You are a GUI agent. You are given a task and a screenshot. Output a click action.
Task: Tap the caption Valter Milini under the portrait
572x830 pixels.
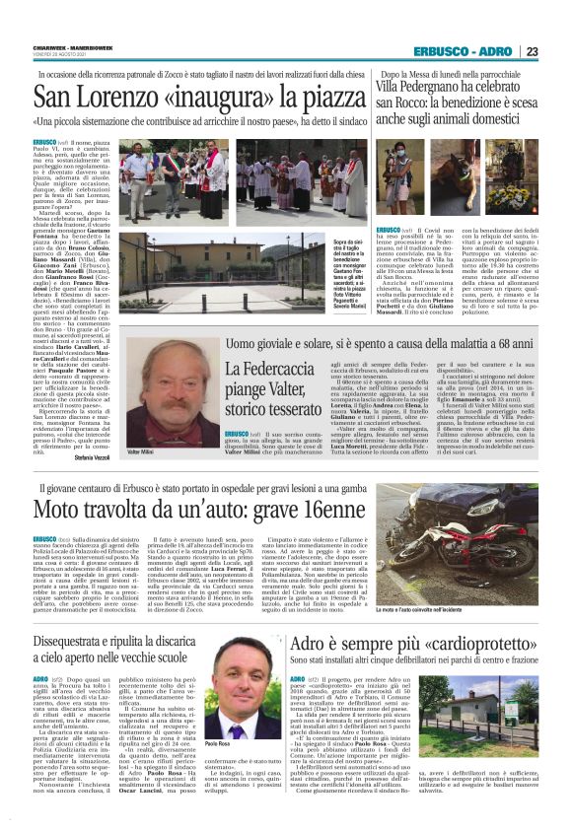click(x=142, y=423)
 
